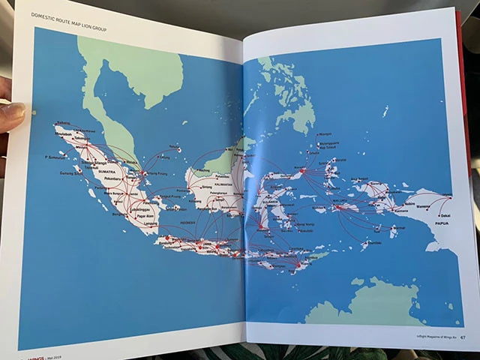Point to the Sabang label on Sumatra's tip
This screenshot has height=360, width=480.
coord(62,121)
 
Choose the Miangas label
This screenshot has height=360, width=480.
coord(324,135)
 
